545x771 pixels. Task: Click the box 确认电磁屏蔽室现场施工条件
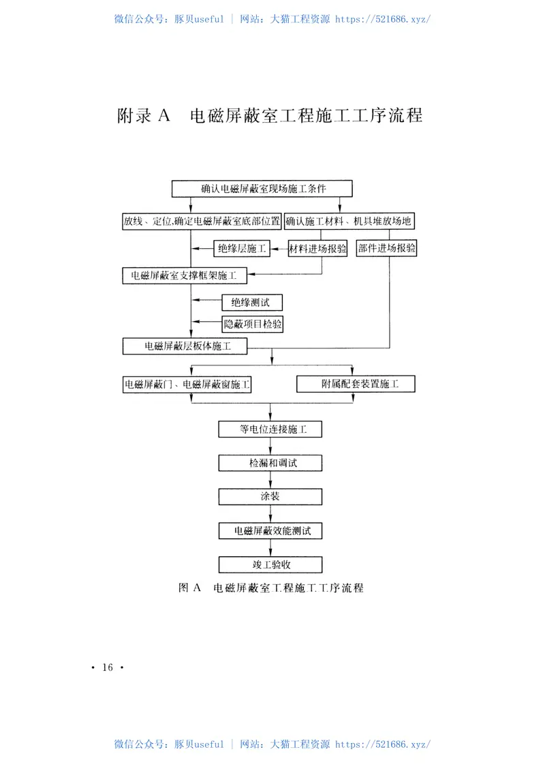click(x=262, y=188)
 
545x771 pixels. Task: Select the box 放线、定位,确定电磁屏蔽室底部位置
click(x=201, y=221)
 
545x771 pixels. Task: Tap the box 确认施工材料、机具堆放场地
click(x=349, y=221)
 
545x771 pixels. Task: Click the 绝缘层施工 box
click(x=242, y=249)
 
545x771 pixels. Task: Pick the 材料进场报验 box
click(x=317, y=249)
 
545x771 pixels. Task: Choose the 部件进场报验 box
click(x=387, y=249)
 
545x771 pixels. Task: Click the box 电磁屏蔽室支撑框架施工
click(x=185, y=275)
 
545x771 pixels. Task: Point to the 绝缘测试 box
click(x=251, y=301)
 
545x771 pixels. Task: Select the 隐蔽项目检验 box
click(x=253, y=324)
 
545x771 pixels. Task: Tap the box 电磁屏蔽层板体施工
click(x=185, y=346)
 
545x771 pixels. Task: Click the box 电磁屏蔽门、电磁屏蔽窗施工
click(x=187, y=384)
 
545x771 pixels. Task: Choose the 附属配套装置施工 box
click(x=356, y=384)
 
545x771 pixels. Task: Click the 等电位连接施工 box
click(x=270, y=429)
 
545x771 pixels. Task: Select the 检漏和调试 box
click(x=270, y=463)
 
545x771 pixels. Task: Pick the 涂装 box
click(x=270, y=496)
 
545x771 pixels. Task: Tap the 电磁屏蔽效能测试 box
click(x=270, y=530)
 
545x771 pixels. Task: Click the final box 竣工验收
click(x=270, y=564)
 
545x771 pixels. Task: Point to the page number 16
click(x=107, y=667)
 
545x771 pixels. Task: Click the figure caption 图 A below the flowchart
click(x=270, y=587)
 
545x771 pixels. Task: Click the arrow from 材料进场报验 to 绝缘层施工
click(x=279, y=250)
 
